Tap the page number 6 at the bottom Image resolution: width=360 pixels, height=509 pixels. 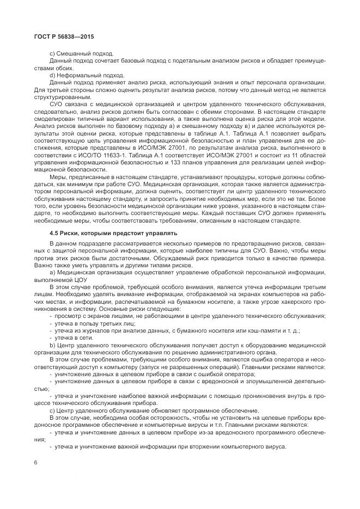click(35, 462)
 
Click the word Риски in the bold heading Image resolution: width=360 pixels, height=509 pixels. click(73, 233)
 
